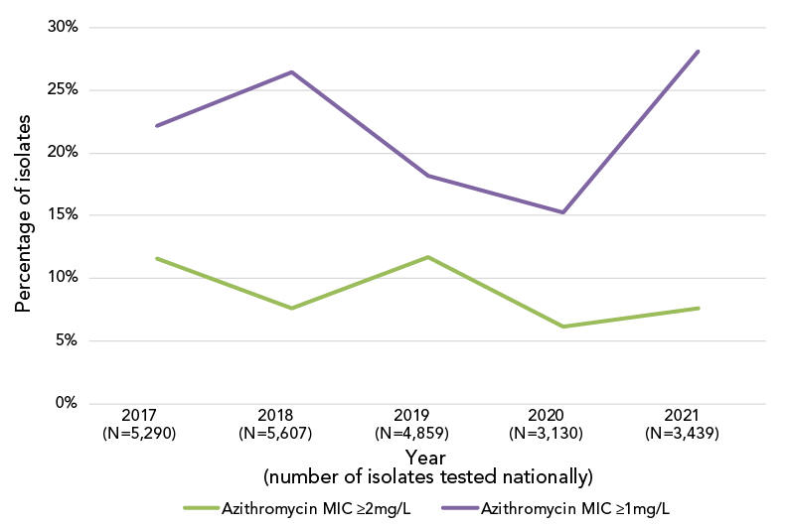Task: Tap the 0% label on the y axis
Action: (x=65, y=403)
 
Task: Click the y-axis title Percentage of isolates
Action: (x=23, y=213)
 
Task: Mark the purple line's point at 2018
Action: (x=292, y=71)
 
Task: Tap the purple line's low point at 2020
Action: (x=562, y=212)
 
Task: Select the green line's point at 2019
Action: (x=427, y=257)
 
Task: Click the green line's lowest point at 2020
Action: (x=562, y=327)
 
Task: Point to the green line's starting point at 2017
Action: (x=157, y=258)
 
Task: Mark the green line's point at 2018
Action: (x=292, y=308)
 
